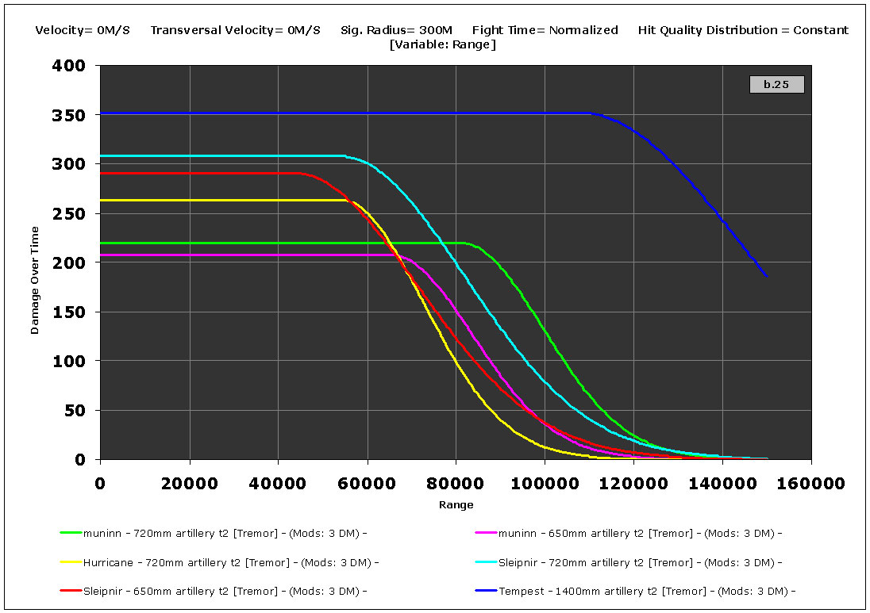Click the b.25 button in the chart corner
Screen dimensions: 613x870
click(x=776, y=84)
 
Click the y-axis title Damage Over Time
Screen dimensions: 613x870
click(x=35, y=280)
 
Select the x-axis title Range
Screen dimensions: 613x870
click(x=456, y=504)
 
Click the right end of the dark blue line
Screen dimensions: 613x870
click(x=766, y=276)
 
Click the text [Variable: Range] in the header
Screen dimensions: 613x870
click(x=442, y=44)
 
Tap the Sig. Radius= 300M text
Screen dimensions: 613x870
click(x=396, y=30)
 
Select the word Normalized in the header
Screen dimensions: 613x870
click(x=583, y=30)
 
